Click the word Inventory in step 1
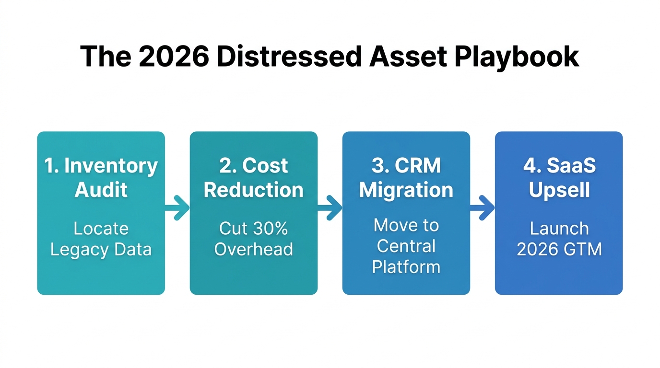111,166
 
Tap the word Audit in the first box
101,190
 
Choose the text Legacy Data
101,250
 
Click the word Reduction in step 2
254,190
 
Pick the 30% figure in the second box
267,229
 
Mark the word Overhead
254,250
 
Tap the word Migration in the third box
406,190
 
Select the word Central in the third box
406,246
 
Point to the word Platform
406,267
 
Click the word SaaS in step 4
572,166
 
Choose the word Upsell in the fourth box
559,190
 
